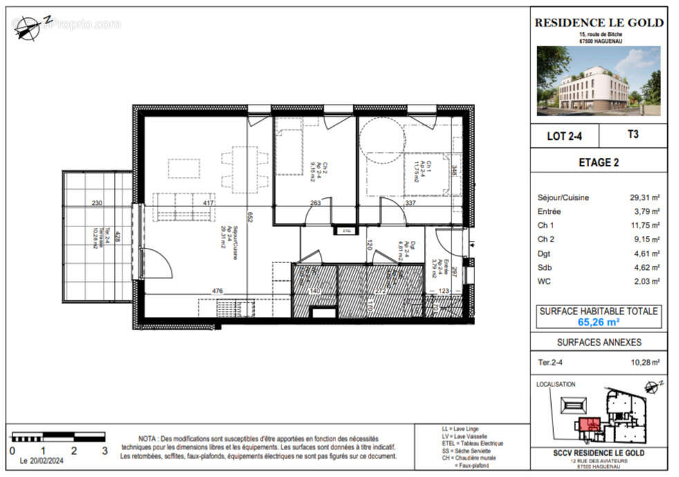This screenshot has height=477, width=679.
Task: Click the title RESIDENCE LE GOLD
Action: coord(599,23)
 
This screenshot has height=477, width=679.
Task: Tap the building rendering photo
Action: coord(599,80)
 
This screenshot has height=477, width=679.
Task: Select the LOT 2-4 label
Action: coord(565,136)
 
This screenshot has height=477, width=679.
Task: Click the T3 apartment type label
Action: coord(632,135)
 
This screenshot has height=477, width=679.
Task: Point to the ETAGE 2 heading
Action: coord(599,163)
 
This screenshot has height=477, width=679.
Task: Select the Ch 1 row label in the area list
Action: coord(546,225)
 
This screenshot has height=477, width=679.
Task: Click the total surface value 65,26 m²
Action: coord(599,322)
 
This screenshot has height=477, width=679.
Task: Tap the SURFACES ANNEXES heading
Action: coord(599,342)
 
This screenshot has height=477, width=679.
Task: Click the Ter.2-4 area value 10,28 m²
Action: coord(644,361)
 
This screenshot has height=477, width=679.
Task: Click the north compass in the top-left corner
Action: coord(29,27)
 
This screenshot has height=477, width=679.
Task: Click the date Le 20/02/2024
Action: coord(44,460)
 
